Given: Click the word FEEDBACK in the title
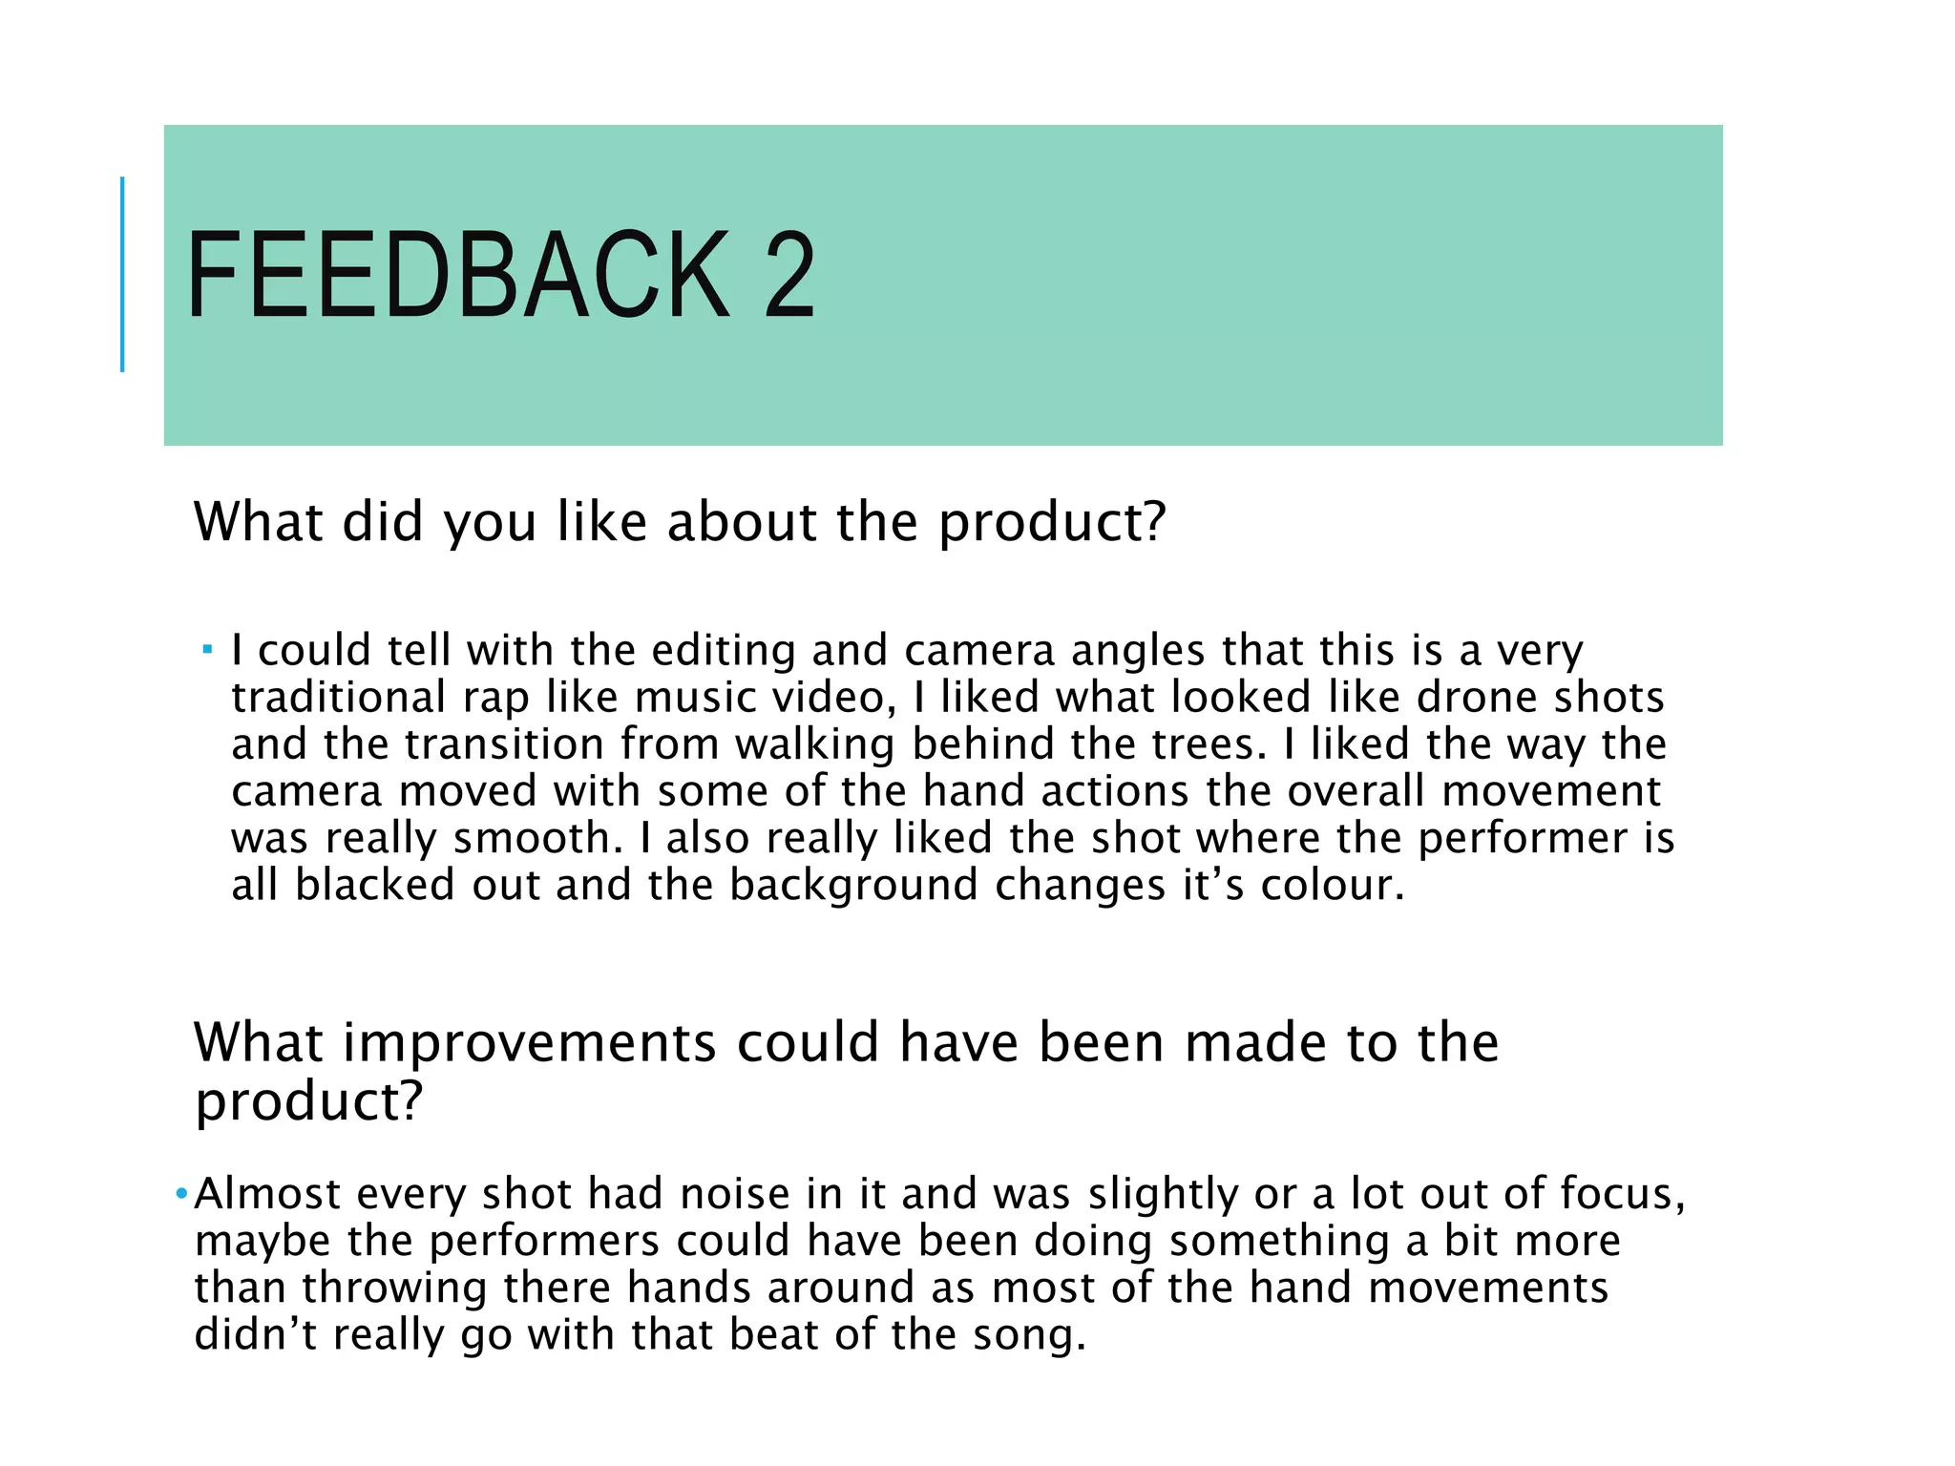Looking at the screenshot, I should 458,276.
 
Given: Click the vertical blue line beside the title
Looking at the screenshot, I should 122,274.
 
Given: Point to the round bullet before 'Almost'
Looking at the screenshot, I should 181,1194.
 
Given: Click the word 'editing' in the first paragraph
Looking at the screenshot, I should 724,652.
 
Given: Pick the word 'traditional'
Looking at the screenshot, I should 339,698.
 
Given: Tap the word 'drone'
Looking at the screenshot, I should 1477,698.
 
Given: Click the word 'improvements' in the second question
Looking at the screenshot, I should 529,1042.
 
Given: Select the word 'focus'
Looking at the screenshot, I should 1621,1194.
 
